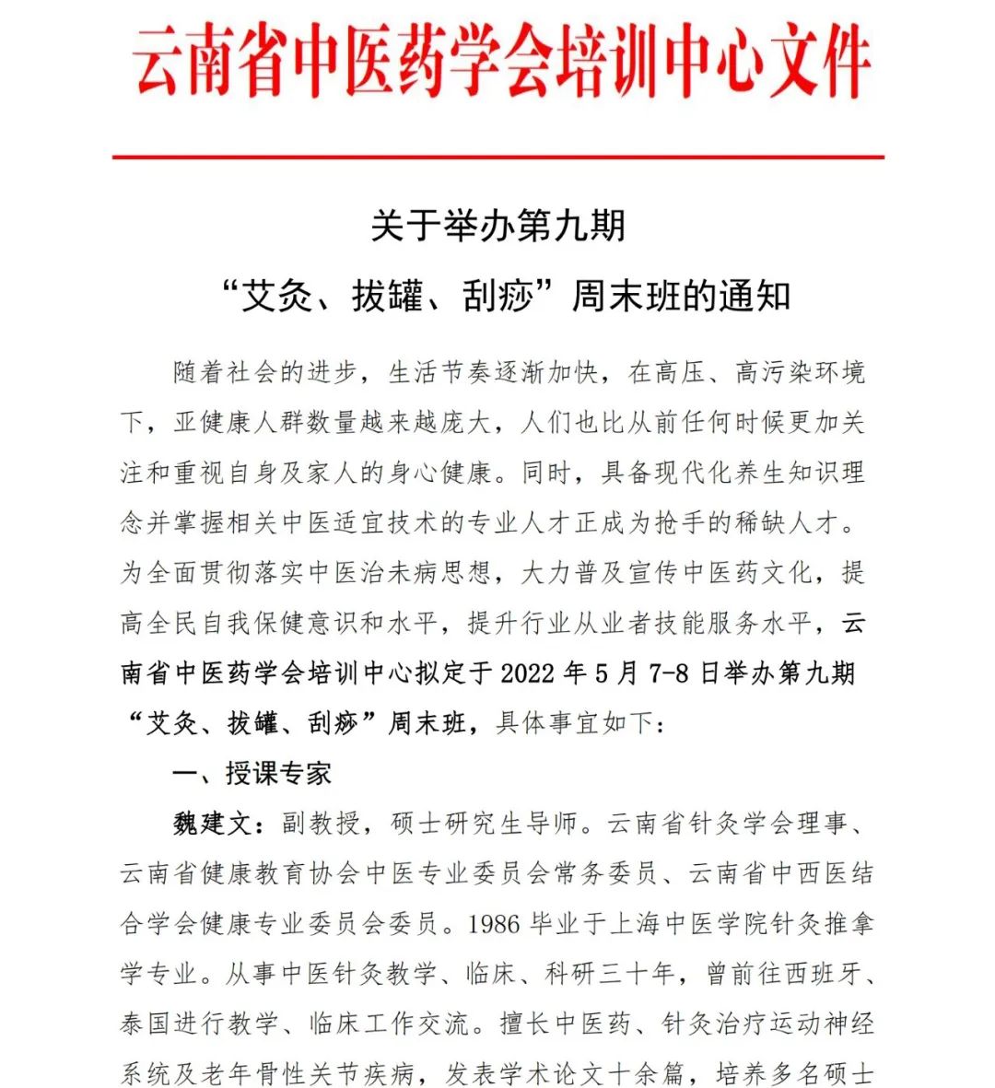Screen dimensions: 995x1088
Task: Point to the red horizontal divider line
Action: pyautogui.click(x=497, y=158)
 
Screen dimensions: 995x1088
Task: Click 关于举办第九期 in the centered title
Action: pyautogui.click(x=497, y=227)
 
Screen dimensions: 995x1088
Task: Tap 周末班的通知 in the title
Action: pyautogui.click(x=681, y=297)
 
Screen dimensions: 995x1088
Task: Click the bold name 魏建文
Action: pyautogui.click(x=211, y=823)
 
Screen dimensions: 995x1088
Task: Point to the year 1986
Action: pyautogui.click(x=494, y=923)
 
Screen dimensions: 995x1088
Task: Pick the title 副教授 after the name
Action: pyautogui.click(x=320, y=823)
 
